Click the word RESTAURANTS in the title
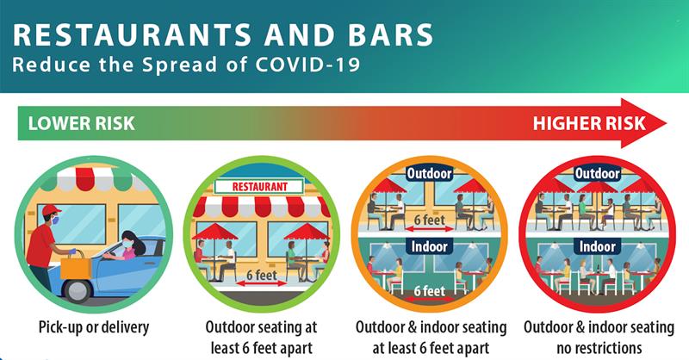point(133,34)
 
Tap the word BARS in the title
point(391,34)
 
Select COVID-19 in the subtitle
point(308,65)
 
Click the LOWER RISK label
point(81,123)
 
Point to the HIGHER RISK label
point(589,123)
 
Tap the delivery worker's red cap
point(51,209)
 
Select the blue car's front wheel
point(78,289)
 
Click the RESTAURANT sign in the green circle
point(259,186)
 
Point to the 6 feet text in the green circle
point(262,275)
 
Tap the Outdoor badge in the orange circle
point(429,174)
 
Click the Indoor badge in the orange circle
point(429,246)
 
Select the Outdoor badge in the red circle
point(597,173)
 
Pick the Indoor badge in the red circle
point(597,246)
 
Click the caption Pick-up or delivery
point(94,327)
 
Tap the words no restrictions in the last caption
point(599,348)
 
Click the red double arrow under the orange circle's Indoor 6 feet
point(428,299)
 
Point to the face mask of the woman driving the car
point(126,243)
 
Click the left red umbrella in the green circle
point(214,232)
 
